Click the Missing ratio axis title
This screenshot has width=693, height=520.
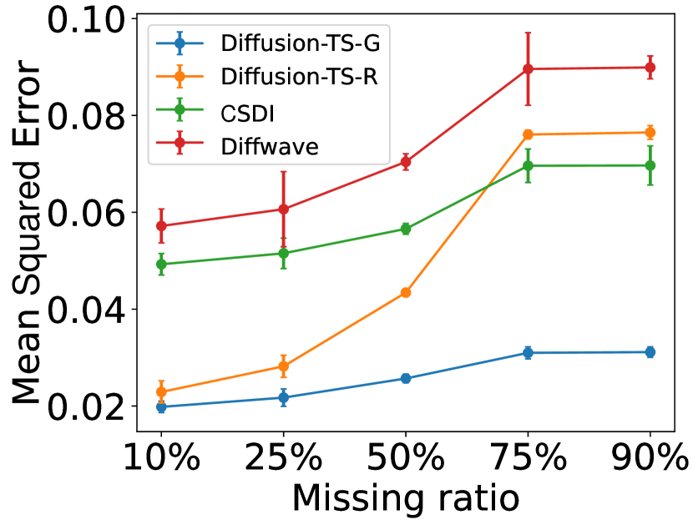coord(405,498)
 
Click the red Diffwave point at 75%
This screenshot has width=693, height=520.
coord(528,68)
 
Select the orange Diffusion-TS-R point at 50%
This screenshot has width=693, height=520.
coord(405,292)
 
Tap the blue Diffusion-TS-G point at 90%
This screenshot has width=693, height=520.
coord(650,352)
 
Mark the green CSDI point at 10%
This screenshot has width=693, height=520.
coord(160,264)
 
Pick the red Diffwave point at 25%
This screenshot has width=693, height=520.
coord(283,209)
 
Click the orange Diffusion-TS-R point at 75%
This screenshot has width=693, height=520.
coord(528,134)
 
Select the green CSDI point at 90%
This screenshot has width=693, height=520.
coord(650,165)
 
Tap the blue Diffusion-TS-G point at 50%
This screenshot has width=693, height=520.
coord(405,378)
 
